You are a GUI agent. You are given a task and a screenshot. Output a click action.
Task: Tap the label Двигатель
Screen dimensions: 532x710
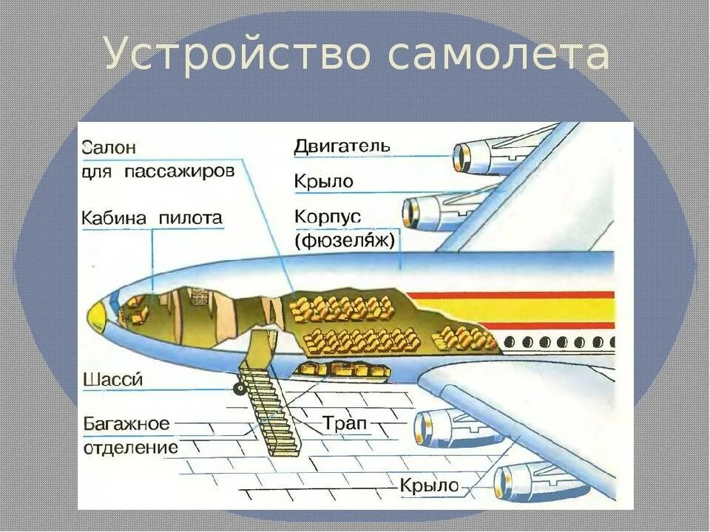(341, 146)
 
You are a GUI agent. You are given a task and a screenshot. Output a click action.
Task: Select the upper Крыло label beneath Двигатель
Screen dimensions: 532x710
(323, 181)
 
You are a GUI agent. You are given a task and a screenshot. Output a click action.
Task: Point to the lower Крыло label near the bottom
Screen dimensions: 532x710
(430, 485)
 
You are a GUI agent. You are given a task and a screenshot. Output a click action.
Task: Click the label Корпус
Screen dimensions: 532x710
(327, 217)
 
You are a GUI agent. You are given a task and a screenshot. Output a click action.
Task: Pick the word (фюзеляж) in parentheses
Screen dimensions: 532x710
(345, 240)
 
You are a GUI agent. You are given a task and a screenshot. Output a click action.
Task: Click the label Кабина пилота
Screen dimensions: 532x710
(152, 218)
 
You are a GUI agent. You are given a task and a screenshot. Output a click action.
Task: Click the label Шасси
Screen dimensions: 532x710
(112, 380)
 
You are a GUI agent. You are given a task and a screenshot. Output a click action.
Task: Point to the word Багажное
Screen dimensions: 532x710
(126, 424)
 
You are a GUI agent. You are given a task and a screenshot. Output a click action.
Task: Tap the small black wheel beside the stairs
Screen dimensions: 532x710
(238, 387)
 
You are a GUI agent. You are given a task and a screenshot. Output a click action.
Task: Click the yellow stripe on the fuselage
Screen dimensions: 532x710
(518, 310)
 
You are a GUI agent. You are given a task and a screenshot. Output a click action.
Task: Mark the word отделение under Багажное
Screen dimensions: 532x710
(130, 448)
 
